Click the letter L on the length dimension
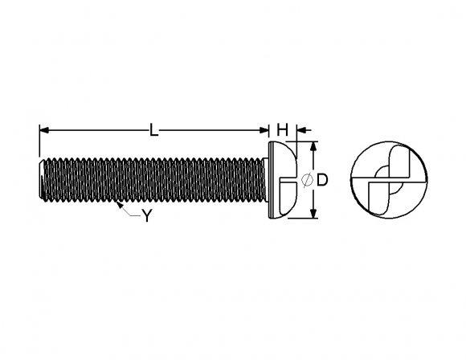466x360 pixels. click(153, 129)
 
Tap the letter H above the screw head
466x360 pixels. click(282, 129)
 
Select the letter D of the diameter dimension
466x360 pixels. click(321, 182)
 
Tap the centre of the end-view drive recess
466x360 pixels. click(386, 181)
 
